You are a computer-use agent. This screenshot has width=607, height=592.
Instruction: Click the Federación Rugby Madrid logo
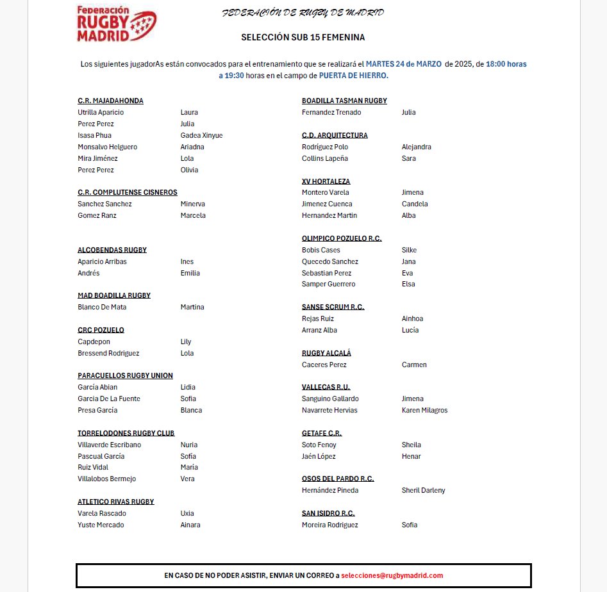pos(116,24)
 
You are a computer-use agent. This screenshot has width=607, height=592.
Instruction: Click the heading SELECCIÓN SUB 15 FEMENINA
pos(303,38)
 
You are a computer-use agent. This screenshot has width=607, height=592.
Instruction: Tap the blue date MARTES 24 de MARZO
pos(403,64)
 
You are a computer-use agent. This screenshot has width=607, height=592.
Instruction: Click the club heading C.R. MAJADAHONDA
pos(110,101)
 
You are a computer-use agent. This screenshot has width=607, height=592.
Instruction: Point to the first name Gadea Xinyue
pos(201,135)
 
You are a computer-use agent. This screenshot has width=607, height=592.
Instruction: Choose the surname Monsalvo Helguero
pos(107,147)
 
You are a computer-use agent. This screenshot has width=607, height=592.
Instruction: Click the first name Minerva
pos(193,204)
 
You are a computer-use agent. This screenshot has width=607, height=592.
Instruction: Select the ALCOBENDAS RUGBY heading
pos(112,250)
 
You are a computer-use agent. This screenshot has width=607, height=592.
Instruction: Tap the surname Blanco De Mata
pos(102,307)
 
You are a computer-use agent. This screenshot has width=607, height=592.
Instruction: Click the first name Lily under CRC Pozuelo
pos(186,341)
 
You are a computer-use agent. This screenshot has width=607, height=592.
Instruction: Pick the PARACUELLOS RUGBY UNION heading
pos(125,375)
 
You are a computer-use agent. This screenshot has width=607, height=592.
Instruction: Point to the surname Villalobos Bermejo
pos(106,479)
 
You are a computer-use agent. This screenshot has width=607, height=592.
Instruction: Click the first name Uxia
pos(187,513)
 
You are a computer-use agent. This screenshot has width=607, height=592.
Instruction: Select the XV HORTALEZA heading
pos(326,181)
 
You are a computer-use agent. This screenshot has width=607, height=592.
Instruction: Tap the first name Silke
pos(409,250)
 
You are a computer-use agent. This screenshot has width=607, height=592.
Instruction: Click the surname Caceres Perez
pos(324,365)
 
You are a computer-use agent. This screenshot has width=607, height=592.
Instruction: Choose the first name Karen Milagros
pos(424,410)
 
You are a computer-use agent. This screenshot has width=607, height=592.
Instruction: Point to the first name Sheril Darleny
pos(423,490)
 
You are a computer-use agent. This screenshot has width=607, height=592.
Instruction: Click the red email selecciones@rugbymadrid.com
pos(392,575)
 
